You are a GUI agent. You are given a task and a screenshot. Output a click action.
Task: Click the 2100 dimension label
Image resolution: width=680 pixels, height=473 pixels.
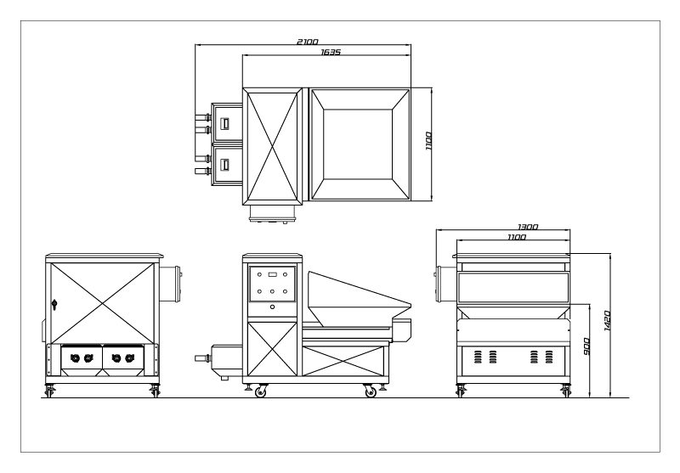(x=308, y=42)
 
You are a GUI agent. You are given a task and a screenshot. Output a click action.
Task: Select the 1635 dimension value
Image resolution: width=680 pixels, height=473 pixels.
(x=331, y=52)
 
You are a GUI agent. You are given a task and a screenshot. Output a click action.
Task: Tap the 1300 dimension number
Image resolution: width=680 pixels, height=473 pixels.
(x=528, y=227)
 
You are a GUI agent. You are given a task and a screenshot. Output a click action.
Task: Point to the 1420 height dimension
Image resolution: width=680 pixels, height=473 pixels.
(x=607, y=321)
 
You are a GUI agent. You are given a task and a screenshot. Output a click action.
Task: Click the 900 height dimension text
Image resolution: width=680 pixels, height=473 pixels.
(x=586, y=346)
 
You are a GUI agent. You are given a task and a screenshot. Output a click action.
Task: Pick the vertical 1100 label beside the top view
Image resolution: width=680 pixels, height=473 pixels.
(x=428, y=141)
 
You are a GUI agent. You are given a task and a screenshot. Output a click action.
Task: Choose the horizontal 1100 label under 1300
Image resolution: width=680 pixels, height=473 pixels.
(x=517, y=237)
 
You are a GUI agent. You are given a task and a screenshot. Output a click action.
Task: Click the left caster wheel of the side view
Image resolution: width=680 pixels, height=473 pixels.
(x=260, y=391)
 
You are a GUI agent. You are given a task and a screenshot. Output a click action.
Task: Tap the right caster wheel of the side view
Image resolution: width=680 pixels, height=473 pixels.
(x=370, y=391)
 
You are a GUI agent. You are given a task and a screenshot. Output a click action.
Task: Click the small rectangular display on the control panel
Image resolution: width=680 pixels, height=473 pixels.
(x=272, y=273)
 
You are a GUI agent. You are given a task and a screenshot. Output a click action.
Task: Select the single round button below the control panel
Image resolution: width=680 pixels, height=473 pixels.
(x=272, y=307)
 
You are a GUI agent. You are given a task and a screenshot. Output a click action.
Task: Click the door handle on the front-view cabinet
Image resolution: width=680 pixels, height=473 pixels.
(x=54, y=305)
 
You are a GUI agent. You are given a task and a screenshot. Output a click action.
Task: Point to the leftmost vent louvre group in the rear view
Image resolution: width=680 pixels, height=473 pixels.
(x=478, y=357)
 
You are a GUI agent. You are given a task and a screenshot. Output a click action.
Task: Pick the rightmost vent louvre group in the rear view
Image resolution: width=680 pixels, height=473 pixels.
(x=549, y=357)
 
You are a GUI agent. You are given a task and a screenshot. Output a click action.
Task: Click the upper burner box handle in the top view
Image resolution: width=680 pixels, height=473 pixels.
(x=225, y=123)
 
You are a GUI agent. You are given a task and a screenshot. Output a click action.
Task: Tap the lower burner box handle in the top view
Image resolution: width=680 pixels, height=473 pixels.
(x=225, y=165)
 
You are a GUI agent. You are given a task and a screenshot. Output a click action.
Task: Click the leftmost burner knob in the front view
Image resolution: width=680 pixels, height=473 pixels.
(x=75, y=358)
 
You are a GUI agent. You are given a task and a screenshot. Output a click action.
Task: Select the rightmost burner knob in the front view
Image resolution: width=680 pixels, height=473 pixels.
(x=129, y=358)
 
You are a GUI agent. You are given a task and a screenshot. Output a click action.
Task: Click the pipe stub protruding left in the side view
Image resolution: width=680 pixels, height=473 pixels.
(x=203, y=358)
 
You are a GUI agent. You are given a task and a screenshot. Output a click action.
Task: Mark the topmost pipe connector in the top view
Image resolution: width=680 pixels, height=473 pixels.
(x=203, y=117)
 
